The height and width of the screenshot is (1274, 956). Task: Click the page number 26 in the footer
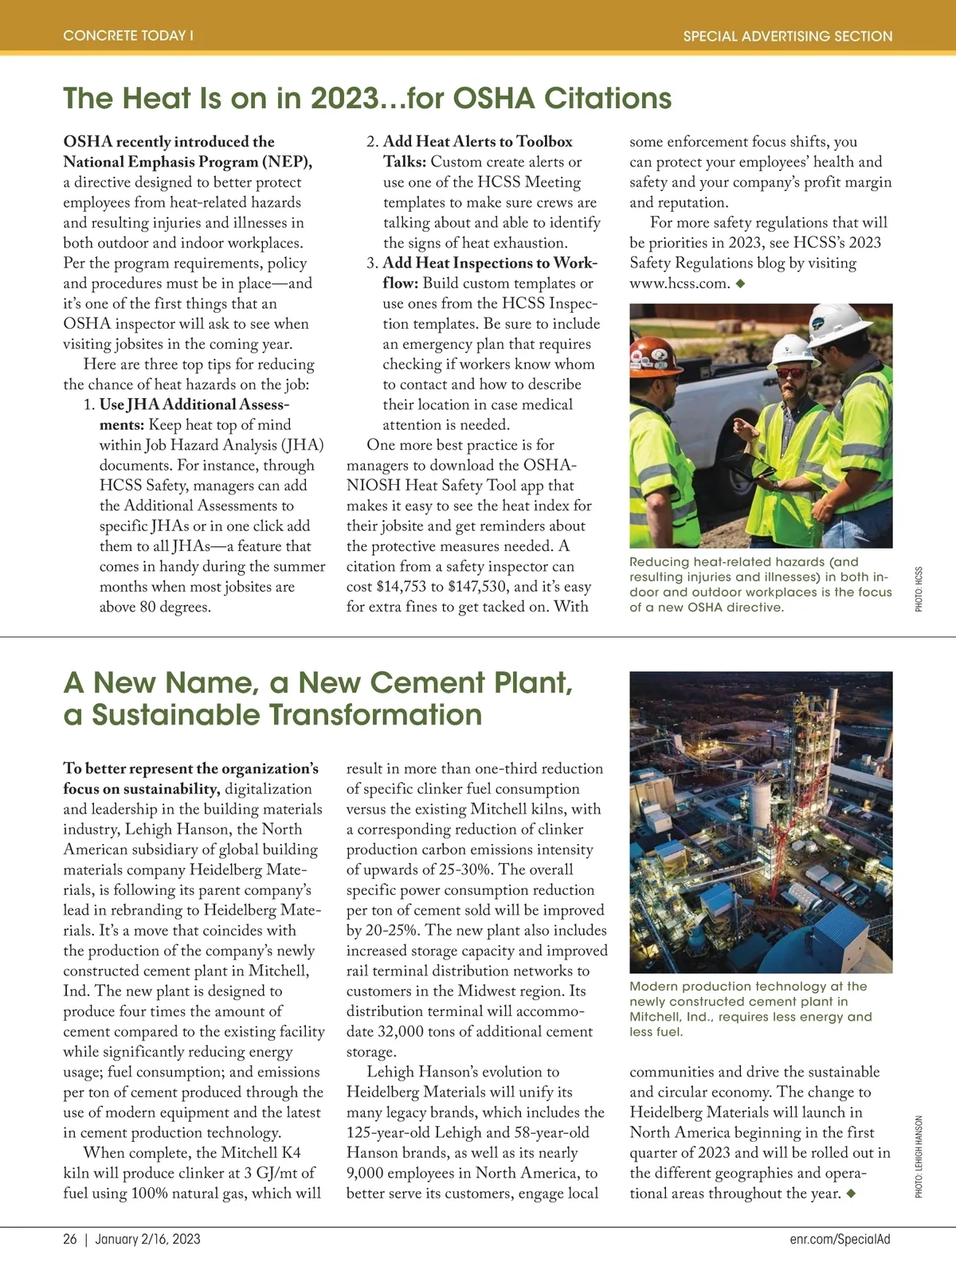point(70,1239)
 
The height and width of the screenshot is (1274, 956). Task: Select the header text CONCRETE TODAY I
point(128,36)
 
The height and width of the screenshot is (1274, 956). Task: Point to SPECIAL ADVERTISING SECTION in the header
point(787,36)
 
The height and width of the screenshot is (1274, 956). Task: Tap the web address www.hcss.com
point(680,283)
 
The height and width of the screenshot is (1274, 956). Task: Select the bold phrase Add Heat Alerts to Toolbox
point(477,142)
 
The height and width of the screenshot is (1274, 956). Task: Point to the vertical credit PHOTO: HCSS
point(919,589)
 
